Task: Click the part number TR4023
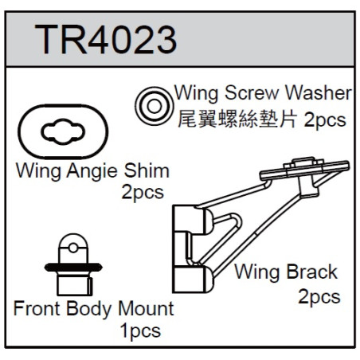(105, 40)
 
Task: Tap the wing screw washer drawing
(154, 106)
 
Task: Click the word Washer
(319, 93)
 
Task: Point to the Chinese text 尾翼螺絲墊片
(237, 119)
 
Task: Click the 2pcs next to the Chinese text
(325, 120)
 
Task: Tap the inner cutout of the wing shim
(63, 131)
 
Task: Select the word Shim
(147, 170)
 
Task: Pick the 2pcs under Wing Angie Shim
(143, 193)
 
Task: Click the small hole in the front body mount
(73, 248)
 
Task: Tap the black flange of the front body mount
(73, 267)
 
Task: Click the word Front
(37, 308)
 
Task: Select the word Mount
(146, 308)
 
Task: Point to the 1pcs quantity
(140, 331)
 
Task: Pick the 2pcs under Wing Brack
(319, 297)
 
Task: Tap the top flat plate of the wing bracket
(304, 170)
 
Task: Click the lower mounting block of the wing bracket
(193, 280)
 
